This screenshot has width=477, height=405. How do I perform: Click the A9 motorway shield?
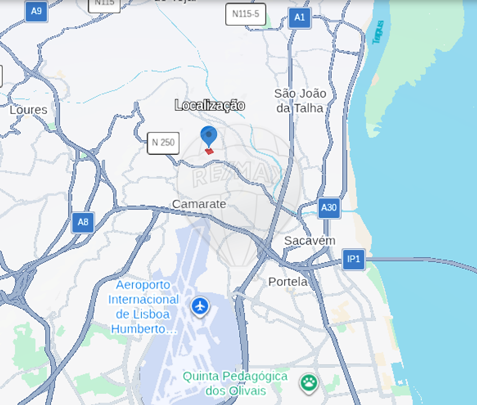[36, 11]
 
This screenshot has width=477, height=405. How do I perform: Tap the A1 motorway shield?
[299, 18]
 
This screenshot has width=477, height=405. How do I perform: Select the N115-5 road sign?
[246, 14]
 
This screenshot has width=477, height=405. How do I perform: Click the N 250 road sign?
[163, 143]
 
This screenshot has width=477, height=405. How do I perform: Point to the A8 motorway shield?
[83, 222]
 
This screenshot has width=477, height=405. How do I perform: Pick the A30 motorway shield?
[329, 208]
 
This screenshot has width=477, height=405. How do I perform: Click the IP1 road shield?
[353, 259]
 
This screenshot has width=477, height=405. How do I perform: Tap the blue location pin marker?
[209, 136]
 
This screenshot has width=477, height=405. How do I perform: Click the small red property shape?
[209, 150]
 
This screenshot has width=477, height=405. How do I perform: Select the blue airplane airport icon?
[201, 306]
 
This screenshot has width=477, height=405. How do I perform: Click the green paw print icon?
[308, 383]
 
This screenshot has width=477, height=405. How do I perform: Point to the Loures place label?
[28, 110]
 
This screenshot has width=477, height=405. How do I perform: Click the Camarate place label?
[199, 204]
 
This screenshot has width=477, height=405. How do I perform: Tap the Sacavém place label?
[309, 240]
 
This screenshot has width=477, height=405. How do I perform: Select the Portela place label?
[288, 281]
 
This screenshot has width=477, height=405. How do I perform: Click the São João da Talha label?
[300, 101]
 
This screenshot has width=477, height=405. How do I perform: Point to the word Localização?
[210, 105]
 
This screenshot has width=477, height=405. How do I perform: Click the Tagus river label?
[378, 32]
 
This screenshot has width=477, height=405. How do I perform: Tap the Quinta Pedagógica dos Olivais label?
[235, 383]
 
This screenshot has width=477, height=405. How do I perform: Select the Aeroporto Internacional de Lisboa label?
[144, 307]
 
